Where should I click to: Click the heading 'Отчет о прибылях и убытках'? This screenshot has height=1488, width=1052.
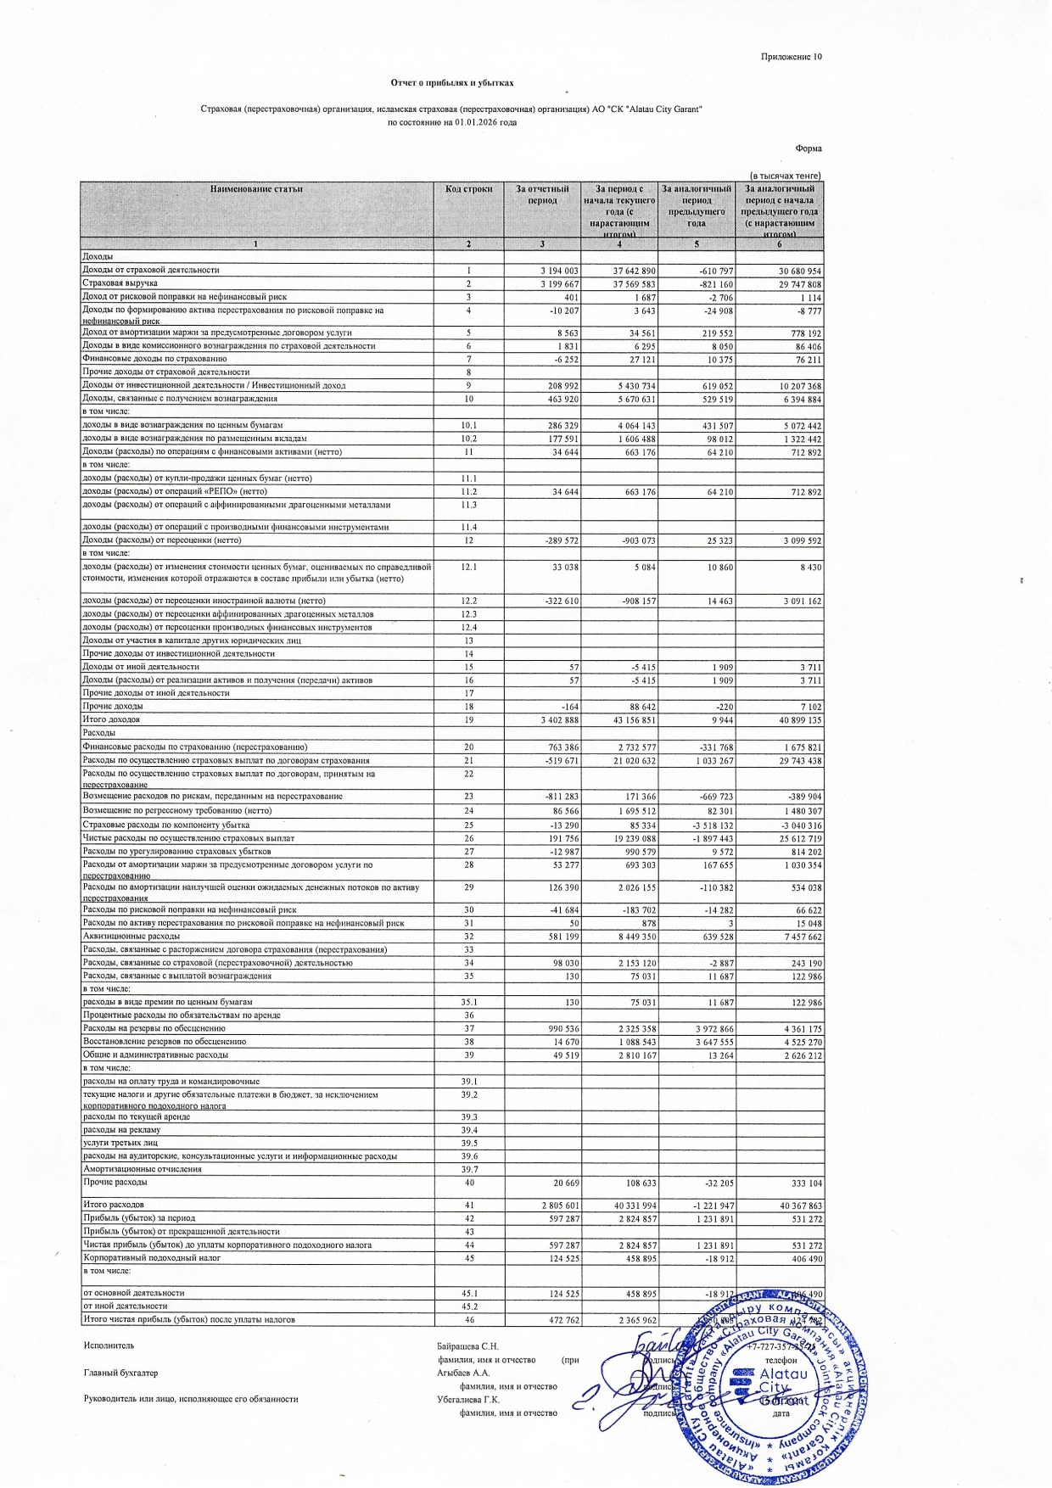point(451,83)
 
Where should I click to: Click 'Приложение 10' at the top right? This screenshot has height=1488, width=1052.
point(791,57)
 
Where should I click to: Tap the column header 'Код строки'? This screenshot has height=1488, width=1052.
point(468,188)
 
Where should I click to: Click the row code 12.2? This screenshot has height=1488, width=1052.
point(468,601)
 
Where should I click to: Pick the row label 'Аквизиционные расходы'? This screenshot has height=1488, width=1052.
point(120,937)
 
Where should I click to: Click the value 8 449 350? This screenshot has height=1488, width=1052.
point(630,937)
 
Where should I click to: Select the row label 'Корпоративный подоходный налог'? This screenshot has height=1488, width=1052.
point(151,1258)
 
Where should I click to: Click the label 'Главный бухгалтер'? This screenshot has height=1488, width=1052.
point(120,1373)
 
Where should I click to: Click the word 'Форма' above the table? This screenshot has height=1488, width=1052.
point(809,148)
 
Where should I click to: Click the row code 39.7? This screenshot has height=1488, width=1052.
point(468,1169)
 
